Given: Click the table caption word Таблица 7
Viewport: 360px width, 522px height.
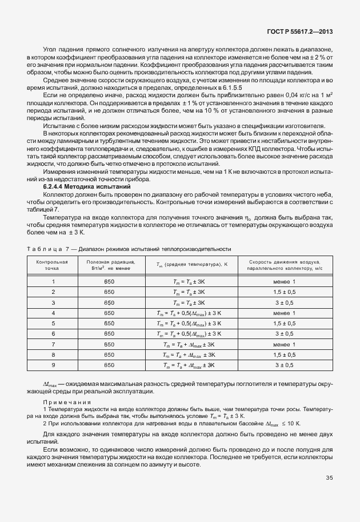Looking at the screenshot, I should click(47, 249).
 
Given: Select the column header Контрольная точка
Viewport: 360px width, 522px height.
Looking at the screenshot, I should click(53, 264).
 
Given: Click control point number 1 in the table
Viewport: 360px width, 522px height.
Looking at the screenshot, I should click(53, 281).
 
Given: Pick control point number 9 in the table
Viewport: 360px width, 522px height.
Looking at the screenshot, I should click(53, 365).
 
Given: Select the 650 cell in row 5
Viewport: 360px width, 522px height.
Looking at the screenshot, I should click(109, 323).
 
